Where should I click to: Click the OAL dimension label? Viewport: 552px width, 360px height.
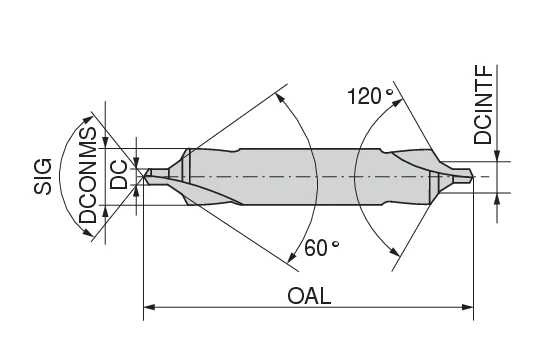click(309, 297)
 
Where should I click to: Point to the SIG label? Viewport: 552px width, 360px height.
click(43, 176)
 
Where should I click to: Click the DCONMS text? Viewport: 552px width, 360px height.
click(88, 177)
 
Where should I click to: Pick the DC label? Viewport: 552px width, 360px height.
click(119, 176)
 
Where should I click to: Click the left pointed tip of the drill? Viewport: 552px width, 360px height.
click(146, 176)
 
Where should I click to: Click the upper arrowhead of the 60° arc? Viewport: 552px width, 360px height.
click(282, 100)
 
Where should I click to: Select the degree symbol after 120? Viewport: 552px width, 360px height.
click(389, 91)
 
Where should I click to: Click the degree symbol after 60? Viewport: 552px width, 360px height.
click(335, 243)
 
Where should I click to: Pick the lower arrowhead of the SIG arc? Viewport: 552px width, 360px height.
click(91, 235)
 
